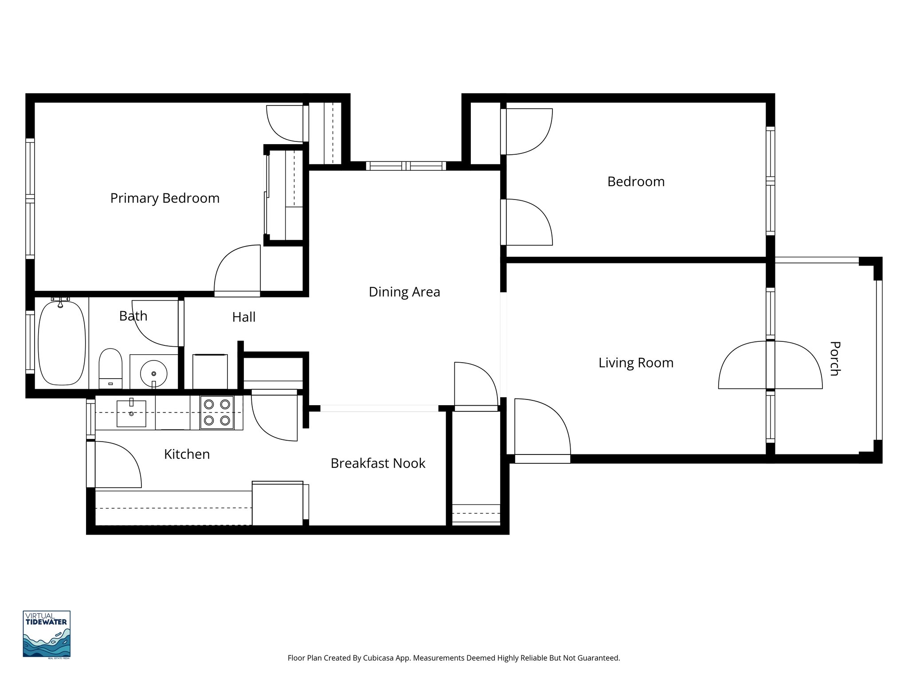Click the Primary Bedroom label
(164, 198)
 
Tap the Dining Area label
(404, 292)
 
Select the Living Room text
(636, 363)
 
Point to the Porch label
(834, 358)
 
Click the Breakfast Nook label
(378, 464)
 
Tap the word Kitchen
(187, 454)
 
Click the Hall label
(244, 317)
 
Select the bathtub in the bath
(62, 343)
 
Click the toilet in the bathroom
(110, 368)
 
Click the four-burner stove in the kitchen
(217, 412)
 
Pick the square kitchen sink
(131, 413)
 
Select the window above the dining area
(406, 166)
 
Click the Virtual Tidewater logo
(47, 634)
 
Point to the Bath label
(133, 316)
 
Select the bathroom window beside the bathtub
(30, 342)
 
